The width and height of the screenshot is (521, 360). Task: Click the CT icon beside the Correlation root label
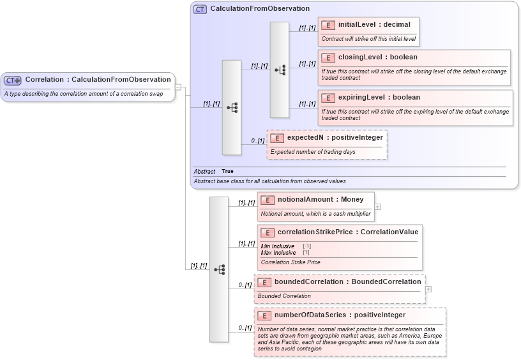[13, 80]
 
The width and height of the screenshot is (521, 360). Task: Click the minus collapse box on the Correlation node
[178, 87]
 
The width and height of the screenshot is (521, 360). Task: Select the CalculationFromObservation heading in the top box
[260, 9]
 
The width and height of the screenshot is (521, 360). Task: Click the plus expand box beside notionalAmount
[377, 206]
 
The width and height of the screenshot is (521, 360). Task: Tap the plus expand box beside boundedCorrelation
[428, 289]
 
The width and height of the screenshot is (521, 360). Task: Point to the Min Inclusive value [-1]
[306, 246]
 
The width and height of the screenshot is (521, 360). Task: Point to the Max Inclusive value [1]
[306, 253]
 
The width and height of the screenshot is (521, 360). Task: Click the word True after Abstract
[227, 171]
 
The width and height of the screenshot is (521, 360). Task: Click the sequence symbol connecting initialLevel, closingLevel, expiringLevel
[280, 70]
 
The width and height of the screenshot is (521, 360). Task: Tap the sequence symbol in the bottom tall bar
[219, 269]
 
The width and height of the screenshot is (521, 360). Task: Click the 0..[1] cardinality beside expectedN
[257, 140]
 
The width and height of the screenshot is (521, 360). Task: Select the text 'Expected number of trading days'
[313, 152]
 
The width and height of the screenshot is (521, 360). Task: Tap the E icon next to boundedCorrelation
[264, 281]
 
